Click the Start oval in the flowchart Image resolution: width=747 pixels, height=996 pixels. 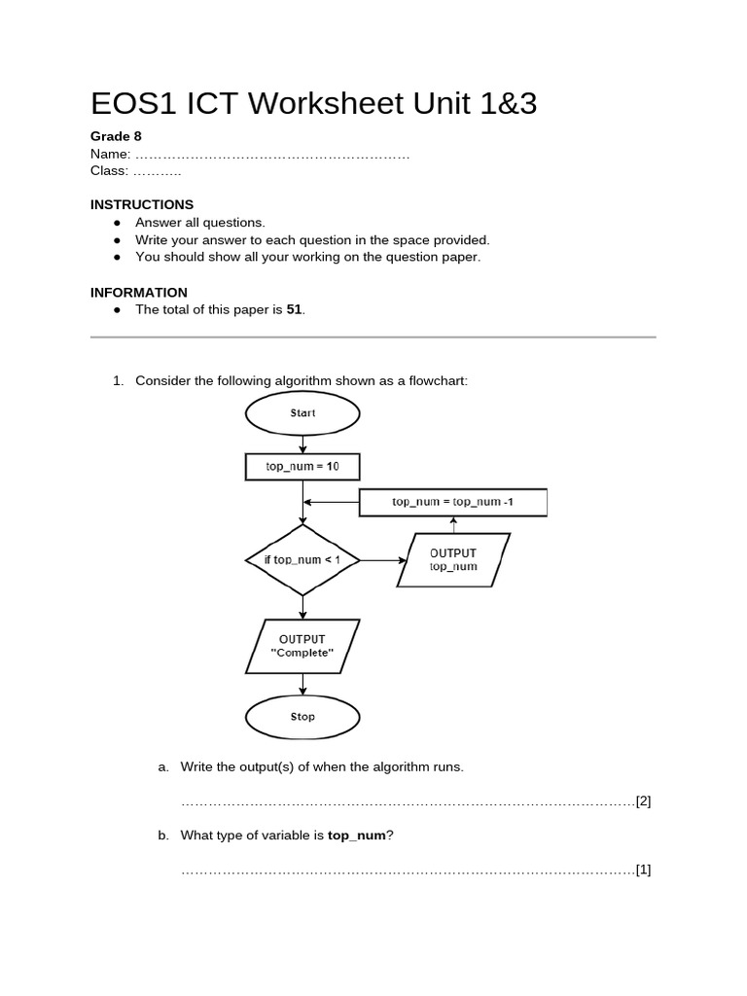[302, 413]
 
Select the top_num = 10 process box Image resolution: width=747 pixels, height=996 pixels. [302, 467]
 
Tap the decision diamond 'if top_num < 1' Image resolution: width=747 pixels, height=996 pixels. [302, 559]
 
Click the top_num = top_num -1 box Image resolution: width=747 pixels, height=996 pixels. [453, 502]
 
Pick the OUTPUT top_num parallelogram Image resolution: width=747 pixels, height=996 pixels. [453, 559]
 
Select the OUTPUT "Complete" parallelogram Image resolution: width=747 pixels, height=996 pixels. [302, 646]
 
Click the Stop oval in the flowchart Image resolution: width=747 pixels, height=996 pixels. [302, 717]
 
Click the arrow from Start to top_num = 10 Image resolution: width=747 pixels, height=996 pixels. [302, 443]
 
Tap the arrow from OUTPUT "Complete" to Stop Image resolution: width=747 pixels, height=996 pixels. [302, 684]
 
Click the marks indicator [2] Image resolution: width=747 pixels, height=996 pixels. [643, 801]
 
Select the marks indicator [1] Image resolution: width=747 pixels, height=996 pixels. [643, 870]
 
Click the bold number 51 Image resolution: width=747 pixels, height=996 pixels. [295, 309]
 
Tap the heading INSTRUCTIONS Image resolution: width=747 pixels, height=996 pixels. [142, 204]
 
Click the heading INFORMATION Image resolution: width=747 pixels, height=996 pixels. [139, 292]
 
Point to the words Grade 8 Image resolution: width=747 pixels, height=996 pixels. [116, 136]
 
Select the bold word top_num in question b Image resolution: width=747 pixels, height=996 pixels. [357, 835]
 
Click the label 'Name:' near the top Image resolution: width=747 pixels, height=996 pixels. [110, 154]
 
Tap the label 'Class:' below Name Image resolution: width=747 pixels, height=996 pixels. [109, 171]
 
